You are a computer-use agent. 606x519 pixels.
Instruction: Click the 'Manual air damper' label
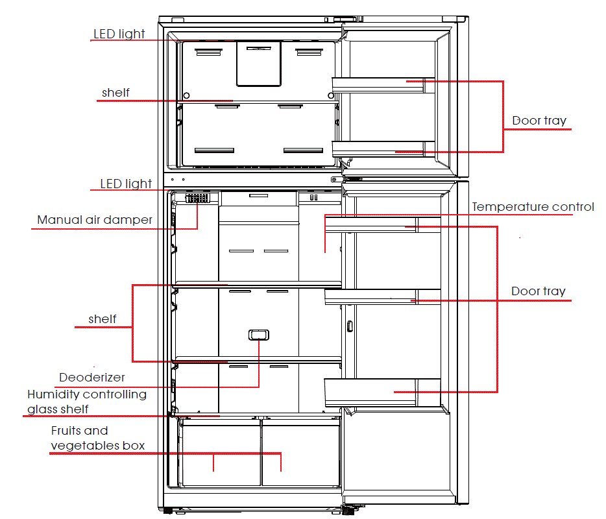pyautogui.click(x=95, y=220)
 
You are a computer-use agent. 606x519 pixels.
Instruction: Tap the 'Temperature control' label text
pyautogui.click(x=533, y=208)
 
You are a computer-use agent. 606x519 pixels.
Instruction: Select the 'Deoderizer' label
pyautogui.click(x=91, y=378)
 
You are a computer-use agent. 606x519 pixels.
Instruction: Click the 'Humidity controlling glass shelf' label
pyautogui.click(x=86, y=402)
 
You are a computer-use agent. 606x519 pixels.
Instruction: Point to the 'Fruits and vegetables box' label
pyautogui.click(x=97, y=438)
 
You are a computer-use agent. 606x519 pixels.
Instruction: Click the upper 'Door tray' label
pyautogui.click(x=539, y=121)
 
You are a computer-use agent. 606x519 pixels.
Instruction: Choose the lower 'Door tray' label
pyautogui.click(x=538, y=291)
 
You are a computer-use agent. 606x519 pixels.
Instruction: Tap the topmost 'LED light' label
pyautogui.click(x=119, y=34)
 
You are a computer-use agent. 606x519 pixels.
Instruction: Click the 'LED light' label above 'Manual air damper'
pyautogui.click(x=125, y=184)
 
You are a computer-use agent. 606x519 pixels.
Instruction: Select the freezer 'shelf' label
pyautogui.click(x=115, y=93)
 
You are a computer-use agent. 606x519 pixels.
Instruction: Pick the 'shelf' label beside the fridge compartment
pyautogui.click(x=103, y=319)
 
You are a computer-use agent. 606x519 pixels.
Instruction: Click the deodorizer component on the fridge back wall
pyautogui.click(x=258, y=335)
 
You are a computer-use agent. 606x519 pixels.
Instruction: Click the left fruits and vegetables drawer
pyautogui.click(x=219, y=452)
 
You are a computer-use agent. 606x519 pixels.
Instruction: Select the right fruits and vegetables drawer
pyautogui.click(x=300, y=452)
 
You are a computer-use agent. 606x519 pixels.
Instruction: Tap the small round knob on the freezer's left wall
pyautogui.click(x=187, y=95)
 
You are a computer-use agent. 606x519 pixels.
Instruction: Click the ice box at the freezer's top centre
pyautogui.click(x=258, y=63)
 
